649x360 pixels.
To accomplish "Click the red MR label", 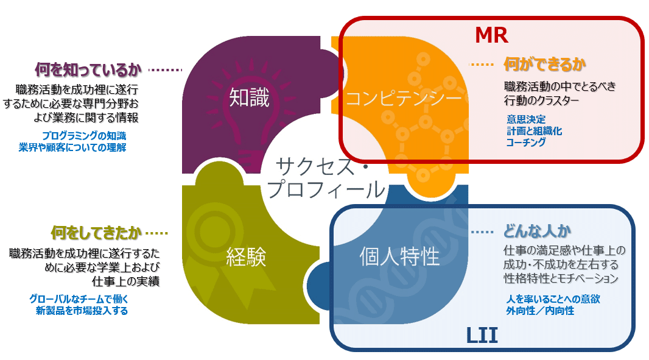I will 491,35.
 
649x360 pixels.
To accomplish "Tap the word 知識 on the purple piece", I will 250,98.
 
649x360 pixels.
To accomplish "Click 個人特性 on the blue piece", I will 399,256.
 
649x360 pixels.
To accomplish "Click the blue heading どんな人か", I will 536,231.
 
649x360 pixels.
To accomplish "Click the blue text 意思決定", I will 526,119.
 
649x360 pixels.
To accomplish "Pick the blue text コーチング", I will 526,143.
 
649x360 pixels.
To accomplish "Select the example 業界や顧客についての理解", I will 72,147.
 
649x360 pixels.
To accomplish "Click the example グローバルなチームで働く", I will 79,299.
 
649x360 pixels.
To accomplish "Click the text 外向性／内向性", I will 540,311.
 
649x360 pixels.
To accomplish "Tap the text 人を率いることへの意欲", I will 553,299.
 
